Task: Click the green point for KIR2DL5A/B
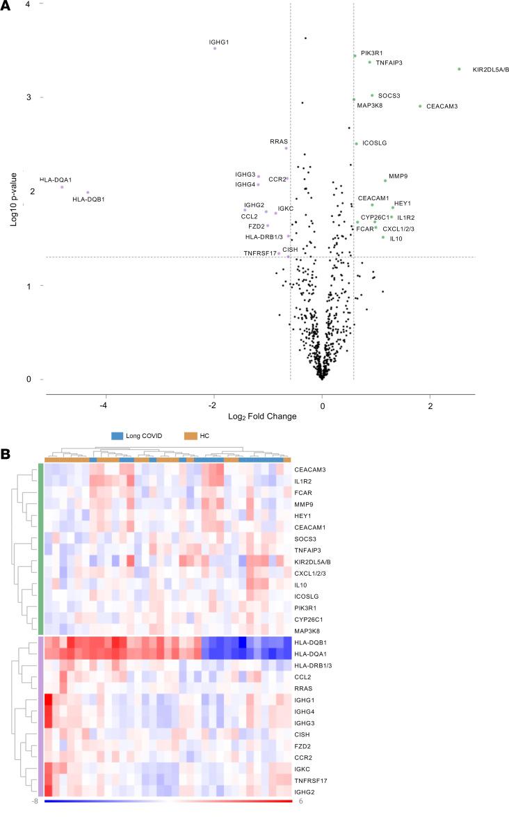(459, 69)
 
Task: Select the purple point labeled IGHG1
(215, 49)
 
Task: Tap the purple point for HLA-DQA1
(62, 187)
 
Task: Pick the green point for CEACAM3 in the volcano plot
(420, 106)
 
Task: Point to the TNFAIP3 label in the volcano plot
(389, 63)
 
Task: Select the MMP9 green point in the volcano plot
(385, 181)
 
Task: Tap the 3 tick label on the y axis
(29, 97)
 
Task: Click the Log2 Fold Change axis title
(257, 416)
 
